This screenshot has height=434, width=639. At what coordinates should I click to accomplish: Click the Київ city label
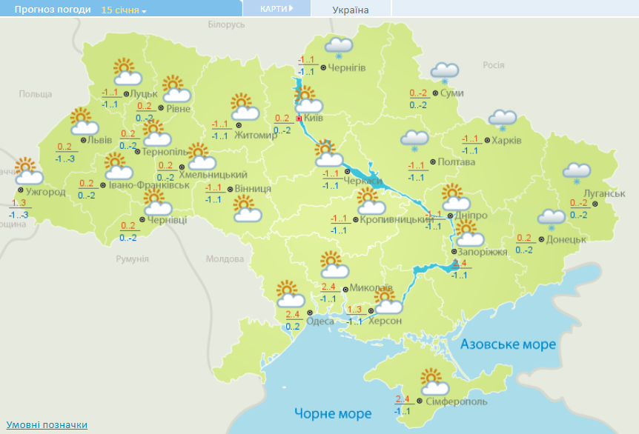pyautogui.click(x=314, y=118)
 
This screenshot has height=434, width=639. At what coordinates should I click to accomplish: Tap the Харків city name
pyautogui.click(x=506, y=141)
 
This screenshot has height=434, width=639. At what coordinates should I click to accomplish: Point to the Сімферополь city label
pyautogui.click(x=457, y=401)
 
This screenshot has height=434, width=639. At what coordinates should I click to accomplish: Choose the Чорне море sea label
pyautogui.click(x=332, y=413)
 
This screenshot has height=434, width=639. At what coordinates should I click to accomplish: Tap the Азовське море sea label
pyautogui.click(x=508, y=344)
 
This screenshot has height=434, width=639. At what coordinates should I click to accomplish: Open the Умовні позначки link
pyautogui.click(x=47, y=424)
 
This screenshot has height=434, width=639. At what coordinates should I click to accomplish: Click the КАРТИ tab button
pyautogui.click(x=276, y=9)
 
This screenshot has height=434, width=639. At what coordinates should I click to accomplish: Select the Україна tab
pyautogui.click(x=351, y=10)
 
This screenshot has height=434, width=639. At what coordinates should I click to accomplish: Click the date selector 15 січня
pyautogui.click(x=124, y=10)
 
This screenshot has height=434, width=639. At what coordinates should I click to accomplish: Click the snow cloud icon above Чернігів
pyautogui.click(x=339, y=47)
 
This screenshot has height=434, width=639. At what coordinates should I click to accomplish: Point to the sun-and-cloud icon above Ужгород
pyautogui.click(x=28, y=171)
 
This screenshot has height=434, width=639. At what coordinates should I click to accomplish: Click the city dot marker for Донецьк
pyautogui.click(x=541, y=239)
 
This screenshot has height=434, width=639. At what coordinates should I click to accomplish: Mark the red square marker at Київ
pyautogui.click(x=299, y=118)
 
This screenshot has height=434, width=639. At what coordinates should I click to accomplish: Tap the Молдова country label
pyautogui.click(x=225, y=259)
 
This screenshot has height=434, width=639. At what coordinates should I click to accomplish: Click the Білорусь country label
pyautogui.click(x=226, y=24)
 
